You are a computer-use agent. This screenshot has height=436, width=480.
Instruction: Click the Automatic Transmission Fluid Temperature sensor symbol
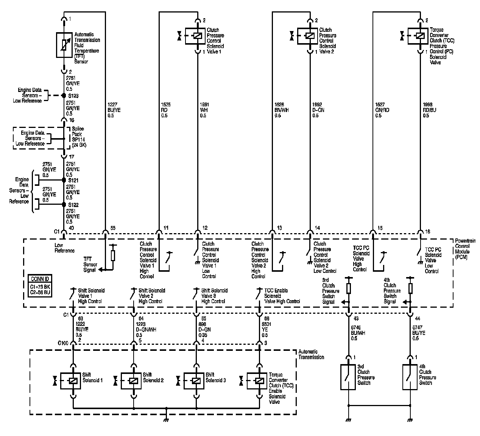(x=64, y=45)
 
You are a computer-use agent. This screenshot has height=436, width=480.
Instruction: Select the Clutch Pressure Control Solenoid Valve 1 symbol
(x=196, y=36)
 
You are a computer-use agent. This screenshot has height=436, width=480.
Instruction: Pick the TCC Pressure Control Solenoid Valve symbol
(x=419, y=36)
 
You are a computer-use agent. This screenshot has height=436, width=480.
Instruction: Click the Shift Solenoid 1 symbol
(x=73, y=381)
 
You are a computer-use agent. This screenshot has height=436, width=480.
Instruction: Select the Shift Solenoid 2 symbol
(x=133, y=381)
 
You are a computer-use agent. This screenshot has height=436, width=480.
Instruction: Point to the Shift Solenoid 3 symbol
(x=196, y=381)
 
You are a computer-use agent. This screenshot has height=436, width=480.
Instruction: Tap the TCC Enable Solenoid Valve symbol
(x=259, y=381)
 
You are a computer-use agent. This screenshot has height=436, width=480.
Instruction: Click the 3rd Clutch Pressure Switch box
(x=348, y=377)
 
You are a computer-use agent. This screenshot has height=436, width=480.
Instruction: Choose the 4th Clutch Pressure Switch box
(x=410, y=377)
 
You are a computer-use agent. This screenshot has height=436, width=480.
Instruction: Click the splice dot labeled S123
(x=64, y=96)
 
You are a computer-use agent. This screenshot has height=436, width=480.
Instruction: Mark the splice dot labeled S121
(x=64, y=181)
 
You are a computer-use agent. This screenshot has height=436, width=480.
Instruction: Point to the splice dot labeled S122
(x=64, y=205)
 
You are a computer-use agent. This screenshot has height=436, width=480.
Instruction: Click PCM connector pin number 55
(x=113, y=228)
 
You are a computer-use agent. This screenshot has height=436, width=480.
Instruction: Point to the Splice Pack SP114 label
(x=78, y=137)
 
